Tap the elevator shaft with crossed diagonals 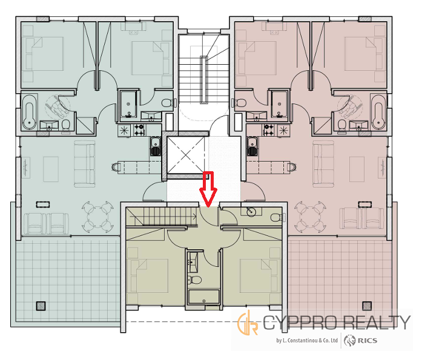[x=185, y=155]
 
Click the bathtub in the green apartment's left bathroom [x=29, y=112]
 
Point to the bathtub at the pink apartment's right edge [x=378, y=111]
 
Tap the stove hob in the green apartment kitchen [x=140, y=129]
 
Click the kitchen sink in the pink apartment [x=252, y=146]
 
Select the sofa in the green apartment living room [x=85, y=164]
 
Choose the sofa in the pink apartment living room [x=323, y=164]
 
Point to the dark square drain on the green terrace [x=41, y=306]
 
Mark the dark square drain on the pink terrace [x=367, y=306]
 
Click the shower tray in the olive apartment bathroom [x=203, y=297]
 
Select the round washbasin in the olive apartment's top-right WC [x=251, y=212]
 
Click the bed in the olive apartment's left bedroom [x=150, y=276]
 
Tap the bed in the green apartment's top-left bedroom [x=45, y=54]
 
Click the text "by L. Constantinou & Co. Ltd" [x=307, y=341]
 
